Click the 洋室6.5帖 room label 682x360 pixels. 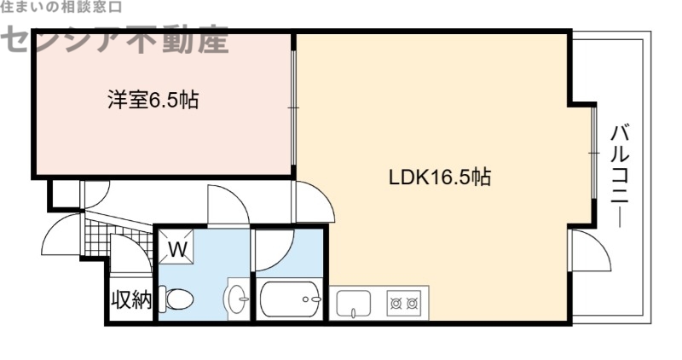click(153, 101)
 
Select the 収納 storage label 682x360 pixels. click(130, 300)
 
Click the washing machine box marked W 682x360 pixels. click(177, 250)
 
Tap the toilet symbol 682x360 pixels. click(178, 298)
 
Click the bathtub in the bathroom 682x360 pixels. click(290, 299)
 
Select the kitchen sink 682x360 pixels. click(354, 302)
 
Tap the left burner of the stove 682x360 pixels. click(396, 302)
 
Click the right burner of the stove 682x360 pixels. click(413, 302)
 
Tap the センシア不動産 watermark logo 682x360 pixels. click(115, 38)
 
